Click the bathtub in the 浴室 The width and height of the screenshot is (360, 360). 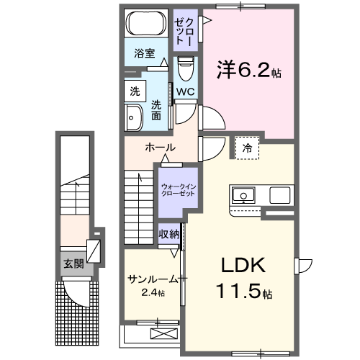point(147,24)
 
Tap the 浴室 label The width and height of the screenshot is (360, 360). point(145,53)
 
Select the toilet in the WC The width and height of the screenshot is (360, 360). point(184,69)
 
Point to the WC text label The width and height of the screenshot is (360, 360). point(185,91)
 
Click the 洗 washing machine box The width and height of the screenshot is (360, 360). point(134,91)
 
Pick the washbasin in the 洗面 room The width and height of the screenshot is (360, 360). point(134,117)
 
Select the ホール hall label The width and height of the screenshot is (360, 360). point(160,148)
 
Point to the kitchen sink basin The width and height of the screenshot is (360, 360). point(243,194)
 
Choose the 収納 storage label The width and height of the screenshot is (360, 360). point(169,235)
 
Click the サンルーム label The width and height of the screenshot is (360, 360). point(153,279)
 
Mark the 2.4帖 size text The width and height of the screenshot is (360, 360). point(153,293)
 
